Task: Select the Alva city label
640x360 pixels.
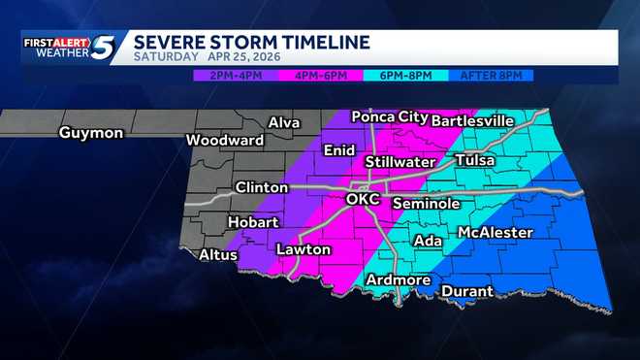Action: tap(282, 123)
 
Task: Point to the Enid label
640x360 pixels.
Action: tap(338, 150)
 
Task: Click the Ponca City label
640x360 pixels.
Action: tap(389, 116)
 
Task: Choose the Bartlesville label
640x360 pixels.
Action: tap(471, 120)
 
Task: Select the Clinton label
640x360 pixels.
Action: tap(261, 187)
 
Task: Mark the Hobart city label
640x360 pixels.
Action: tap(252, 222)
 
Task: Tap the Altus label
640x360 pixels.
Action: tap(217, 255)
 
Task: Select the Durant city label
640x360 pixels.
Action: tap(467, 291)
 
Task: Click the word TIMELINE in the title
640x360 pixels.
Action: tap(322, 42)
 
